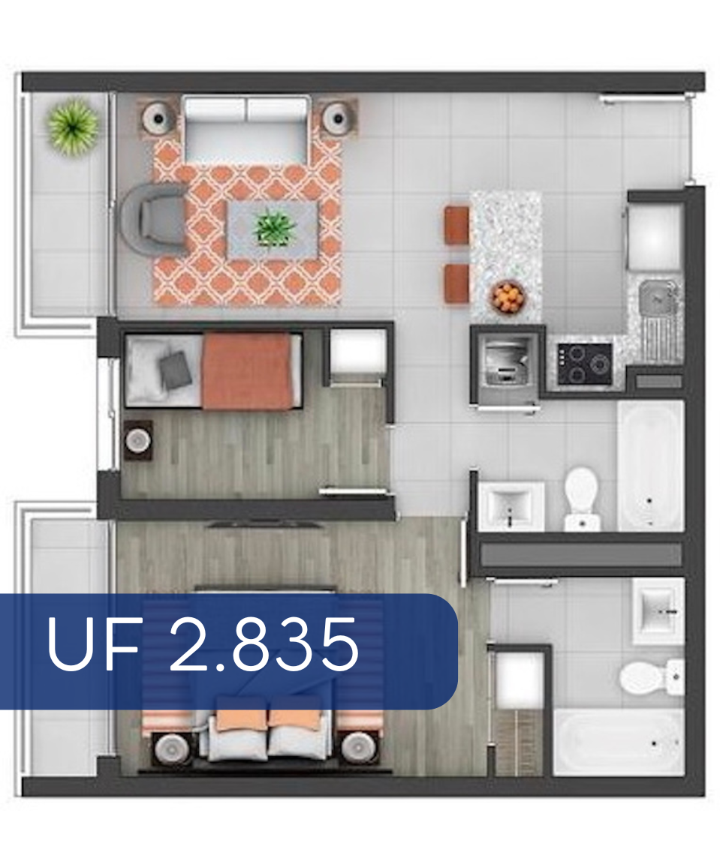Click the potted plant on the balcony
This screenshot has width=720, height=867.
73,127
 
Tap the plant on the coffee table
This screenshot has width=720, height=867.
275,228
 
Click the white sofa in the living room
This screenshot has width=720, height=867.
246,129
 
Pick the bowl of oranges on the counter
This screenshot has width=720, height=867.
508,297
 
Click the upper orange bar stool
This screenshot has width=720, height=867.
457,224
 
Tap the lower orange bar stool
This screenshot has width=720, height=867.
457,283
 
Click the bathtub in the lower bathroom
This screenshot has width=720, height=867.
619,742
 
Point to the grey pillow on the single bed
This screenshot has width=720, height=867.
175,369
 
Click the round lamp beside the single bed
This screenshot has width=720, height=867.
138,440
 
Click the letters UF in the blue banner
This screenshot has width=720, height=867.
93,645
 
